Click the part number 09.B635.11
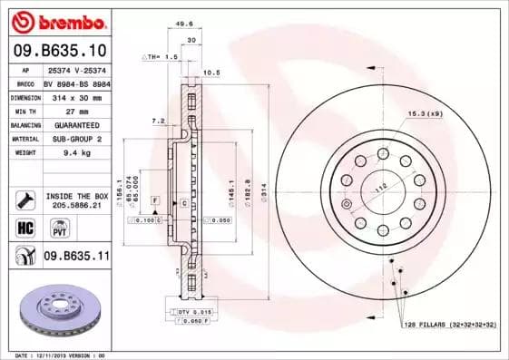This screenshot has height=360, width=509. pos(76,258)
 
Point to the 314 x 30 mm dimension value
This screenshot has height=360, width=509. pos(76,97)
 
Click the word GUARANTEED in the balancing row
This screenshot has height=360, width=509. pos(76,125)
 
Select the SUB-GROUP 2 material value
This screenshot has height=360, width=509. pos(76,139)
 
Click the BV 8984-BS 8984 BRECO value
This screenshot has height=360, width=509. pos(76,83)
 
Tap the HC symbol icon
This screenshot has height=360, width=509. pos(24,227)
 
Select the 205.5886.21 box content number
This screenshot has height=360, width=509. pos(76,205)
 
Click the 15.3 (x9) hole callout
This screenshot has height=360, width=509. pos(423,113)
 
